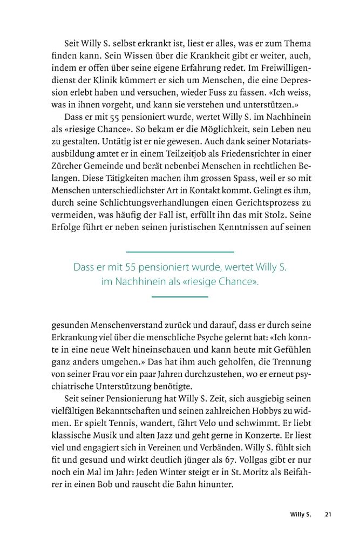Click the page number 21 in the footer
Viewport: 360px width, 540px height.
click(328, 515)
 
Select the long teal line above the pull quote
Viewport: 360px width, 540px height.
click(180, 252)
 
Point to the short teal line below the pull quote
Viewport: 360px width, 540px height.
click(180, 296)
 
